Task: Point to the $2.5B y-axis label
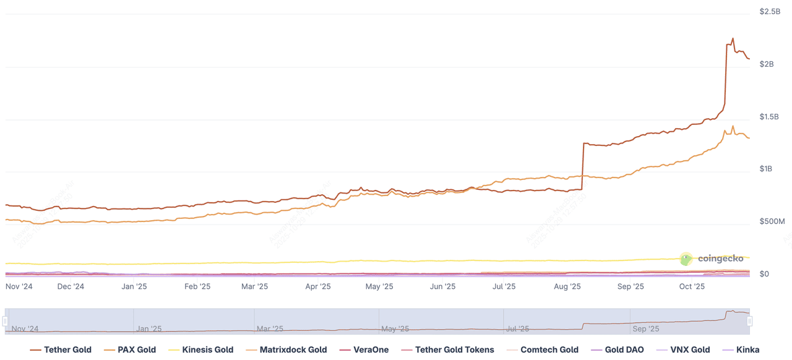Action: [770, 12]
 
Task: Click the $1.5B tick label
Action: [770, 117]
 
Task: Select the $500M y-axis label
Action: [772, 221]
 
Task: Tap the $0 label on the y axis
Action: [765, 274]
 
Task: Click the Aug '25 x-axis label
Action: [567, 286]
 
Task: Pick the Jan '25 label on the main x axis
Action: [134, 286]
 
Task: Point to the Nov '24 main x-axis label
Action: [19, 286]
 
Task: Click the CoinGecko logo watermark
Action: [712, 259]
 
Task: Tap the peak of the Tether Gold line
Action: [733, 38]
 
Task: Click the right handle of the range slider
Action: [749, 321]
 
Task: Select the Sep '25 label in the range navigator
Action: [646, 329]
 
